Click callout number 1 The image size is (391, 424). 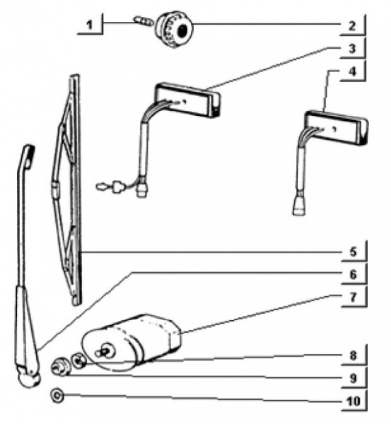pos(89,25)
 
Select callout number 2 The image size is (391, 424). pos(352,26)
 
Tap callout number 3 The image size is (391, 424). pos(352,49)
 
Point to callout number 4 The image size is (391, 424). pos(352,71)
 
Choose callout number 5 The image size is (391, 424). pos(353,252)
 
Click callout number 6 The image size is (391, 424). pos(353,274)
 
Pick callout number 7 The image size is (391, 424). pos(353,298)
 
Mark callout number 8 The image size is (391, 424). pos(353,355)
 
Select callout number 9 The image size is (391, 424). pos(353,378)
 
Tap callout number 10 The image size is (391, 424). pos(354,401)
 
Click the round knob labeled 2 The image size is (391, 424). pos(174,29)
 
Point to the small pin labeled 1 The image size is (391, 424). pos(144,21)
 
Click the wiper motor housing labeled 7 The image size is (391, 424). pos(132,342)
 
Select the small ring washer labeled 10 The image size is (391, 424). pos(57,396)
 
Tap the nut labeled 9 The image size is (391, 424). pos(61,366)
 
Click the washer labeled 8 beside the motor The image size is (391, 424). pos(78,360)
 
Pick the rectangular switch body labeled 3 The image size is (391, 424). pos(187,100)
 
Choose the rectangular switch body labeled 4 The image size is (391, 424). pos(337,128)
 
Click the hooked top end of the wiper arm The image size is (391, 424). pos(28,155)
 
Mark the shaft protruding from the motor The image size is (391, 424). pos(104,351)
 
